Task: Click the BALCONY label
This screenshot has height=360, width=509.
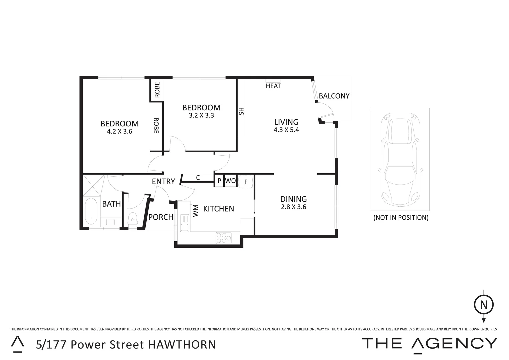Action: pos(334,96)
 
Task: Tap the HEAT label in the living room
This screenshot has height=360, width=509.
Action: pos(273,86)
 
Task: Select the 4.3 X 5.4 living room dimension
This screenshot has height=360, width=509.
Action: pos(286,130)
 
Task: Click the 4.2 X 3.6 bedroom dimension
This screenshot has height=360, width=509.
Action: pos(119,132)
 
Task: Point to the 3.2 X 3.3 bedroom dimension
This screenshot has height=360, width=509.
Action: pos(201,116)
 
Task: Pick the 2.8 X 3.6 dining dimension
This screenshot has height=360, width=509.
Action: pos(293,207)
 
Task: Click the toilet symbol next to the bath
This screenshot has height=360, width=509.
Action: pos(133,220)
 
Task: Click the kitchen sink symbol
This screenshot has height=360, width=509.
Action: pos(184,223)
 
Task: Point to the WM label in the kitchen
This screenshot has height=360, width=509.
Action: pos(196,210)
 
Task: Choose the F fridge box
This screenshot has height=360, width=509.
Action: pos(246,182)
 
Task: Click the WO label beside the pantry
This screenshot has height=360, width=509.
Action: pos(230,181)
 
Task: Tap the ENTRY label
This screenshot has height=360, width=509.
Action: pos(163,181)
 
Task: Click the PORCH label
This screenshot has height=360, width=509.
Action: pos(161,217)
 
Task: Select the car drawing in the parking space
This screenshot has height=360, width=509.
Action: pos(400,159)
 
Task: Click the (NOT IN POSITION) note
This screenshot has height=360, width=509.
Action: pos(401,218)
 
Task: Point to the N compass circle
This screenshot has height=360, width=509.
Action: pos(484,305)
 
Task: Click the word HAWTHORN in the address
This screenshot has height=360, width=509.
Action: pos(182,344)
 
